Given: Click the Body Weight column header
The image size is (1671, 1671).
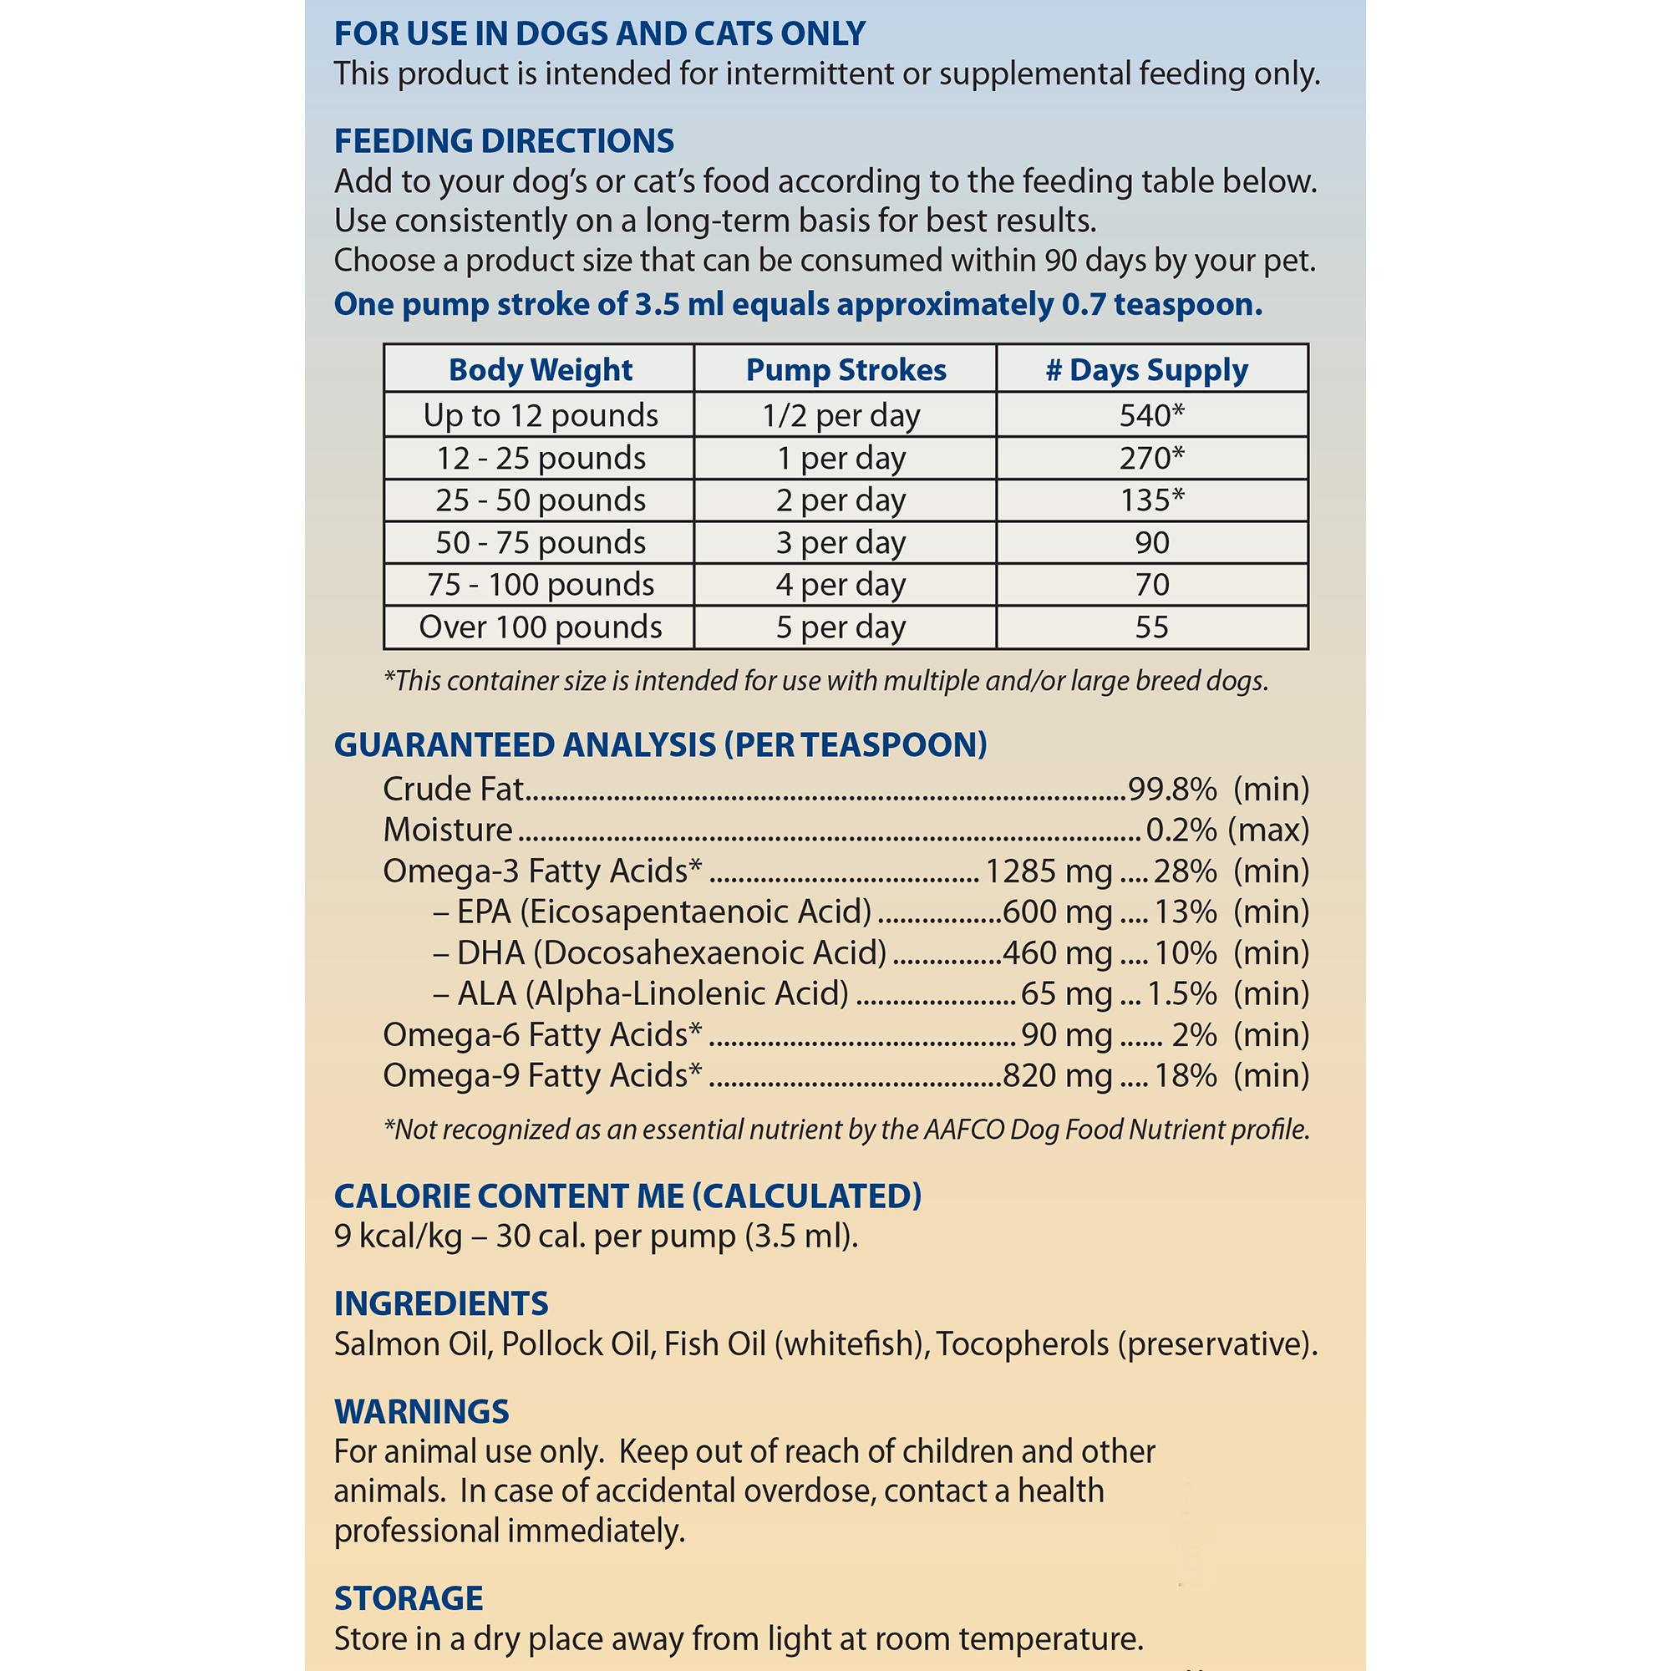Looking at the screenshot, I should pos(540,370).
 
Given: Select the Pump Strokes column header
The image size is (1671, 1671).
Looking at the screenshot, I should pos(845,370).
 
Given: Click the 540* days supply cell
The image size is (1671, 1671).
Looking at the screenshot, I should pos(1151,415).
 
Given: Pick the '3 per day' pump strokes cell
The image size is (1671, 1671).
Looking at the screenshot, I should pos(841,542).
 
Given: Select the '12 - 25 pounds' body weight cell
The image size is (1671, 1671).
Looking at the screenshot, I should pos(540,458).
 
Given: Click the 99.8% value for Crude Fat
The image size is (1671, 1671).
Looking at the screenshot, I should pos(1172,788).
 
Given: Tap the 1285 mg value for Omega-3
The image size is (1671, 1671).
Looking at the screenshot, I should pos(1049,870).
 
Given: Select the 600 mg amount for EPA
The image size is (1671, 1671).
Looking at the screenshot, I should pos(1056,911).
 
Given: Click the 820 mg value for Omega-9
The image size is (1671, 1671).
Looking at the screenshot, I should pos(1056,1075).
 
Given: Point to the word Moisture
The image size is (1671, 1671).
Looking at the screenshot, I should pos(447,830).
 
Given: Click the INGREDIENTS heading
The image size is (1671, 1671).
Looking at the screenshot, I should pos(441,1303).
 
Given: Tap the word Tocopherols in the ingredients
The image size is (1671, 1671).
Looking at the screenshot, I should pos(1022,1343).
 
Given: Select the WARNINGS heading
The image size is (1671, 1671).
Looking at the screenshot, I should pos(421,1410).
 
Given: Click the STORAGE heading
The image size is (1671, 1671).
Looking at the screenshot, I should pos(409,1597).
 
